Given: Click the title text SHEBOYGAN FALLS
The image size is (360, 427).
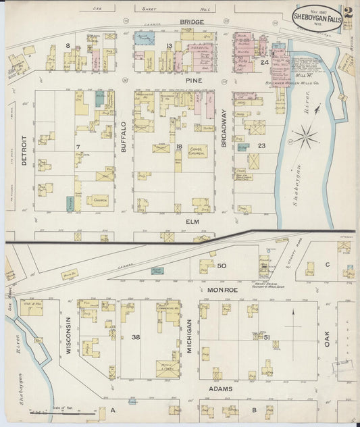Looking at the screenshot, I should tap(316, 15).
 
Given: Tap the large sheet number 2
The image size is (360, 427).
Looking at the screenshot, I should tap(347, 11).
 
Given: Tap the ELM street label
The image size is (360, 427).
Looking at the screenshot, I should tap(180, 220).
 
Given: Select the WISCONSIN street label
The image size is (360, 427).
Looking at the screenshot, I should tap(68, 336).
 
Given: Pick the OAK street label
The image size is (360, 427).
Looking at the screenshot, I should tap(328, 334).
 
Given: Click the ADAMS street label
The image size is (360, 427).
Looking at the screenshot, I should tap(220, 390).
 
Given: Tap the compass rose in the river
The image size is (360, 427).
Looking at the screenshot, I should tap(306, 139).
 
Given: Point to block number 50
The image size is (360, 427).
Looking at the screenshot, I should tap(221, 267).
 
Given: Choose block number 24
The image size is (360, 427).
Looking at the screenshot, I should tap(265, 62).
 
